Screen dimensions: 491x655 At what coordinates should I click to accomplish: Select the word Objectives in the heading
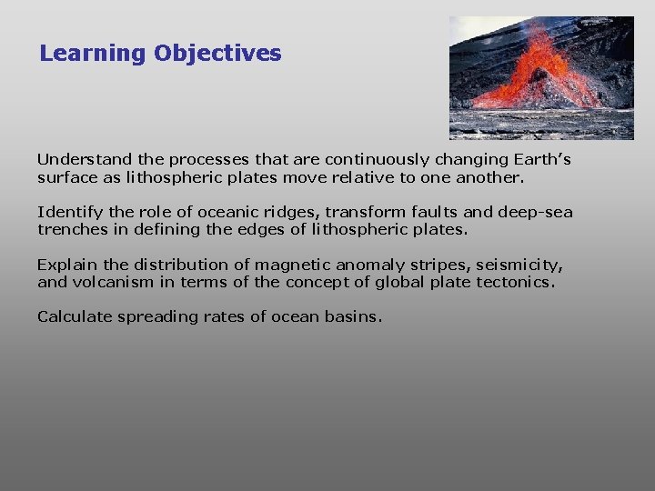pos(217,54)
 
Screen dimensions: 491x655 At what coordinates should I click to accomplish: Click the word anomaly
pos(369,265)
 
